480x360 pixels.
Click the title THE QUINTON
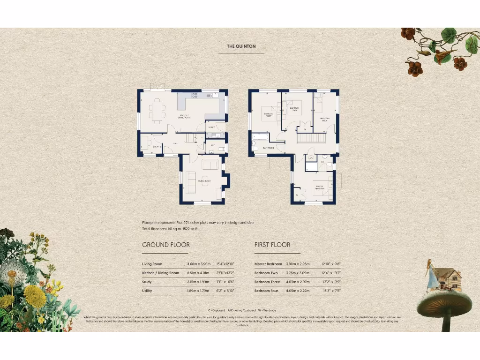tap(241, 46)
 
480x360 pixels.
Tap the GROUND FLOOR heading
tap(166, 245)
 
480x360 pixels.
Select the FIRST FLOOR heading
tap(272, 245)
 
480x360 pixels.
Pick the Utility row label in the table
tap(147, 291)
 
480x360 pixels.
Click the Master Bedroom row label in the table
tap(268, 264)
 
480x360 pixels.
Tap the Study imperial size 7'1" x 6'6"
tap(224, 282)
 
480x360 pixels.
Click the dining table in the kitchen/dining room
tap(157, 111)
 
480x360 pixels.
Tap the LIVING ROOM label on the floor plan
tap(205, 180)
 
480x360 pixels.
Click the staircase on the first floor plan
tap(312, 139)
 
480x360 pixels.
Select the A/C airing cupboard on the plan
tap(310, 158)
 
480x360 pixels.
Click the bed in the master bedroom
tap(323, 186)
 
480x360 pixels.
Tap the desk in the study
tap(145, 142)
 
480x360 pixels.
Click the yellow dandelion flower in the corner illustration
tap(35, 296)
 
